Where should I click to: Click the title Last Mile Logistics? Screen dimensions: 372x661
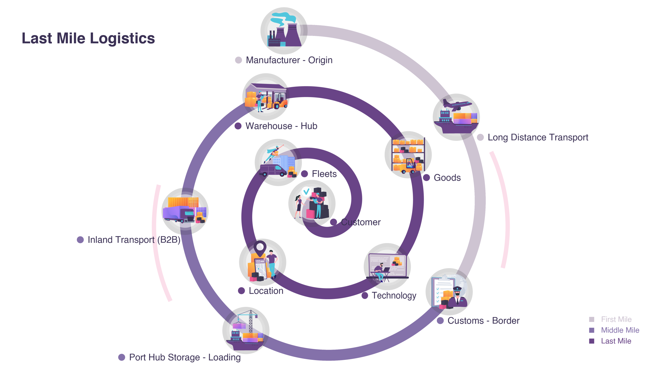(88, 38)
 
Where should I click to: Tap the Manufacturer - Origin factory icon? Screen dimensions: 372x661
(284, 31)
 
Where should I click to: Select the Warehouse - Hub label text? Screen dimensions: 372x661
(281, 126)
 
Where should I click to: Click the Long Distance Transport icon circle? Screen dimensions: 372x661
(456, 117)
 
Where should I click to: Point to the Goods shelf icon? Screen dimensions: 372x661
(408, 155)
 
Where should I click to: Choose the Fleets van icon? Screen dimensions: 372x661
(278, 162)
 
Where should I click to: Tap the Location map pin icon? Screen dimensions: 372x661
(262, 262)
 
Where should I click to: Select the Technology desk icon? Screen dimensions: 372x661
(387, 266)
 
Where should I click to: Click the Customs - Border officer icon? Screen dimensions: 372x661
(449, 291)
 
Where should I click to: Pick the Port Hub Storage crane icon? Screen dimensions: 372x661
(246, 330)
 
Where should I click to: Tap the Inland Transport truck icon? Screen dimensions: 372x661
(185, 211)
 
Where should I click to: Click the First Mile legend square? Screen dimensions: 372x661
(592, 320)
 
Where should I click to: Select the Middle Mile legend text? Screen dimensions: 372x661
(620, 330)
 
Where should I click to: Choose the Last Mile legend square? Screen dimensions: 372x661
(592, 341)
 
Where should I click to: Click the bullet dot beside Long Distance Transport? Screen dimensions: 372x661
(480, 137)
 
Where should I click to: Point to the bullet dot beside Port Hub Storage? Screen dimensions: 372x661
(122, 357)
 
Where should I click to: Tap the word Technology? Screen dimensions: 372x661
(394, 296)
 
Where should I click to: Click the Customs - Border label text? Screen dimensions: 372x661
(483, 321)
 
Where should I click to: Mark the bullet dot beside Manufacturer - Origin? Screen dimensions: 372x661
(238, 60)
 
